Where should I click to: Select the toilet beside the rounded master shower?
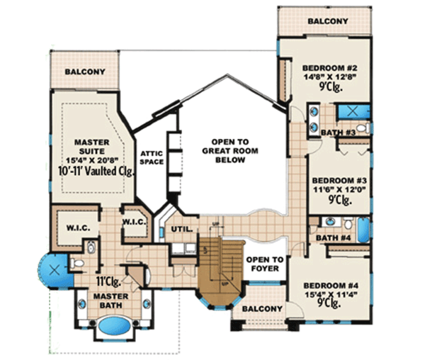pyautogui.click(x=79, y=264)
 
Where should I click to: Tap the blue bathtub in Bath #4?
pyautogui.click(x=363, y=231)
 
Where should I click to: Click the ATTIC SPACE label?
pyautogui.click(x=152, y=157)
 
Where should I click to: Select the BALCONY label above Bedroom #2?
pyautogui.click(x=327, y=21)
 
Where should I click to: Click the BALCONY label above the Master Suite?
pyautogui.click(x=85, y=72)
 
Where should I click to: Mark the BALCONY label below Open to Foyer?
pyautogui.click(x=261, y=310)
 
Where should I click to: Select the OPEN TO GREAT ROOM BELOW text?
pyautogui.click(x=223, y=150)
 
